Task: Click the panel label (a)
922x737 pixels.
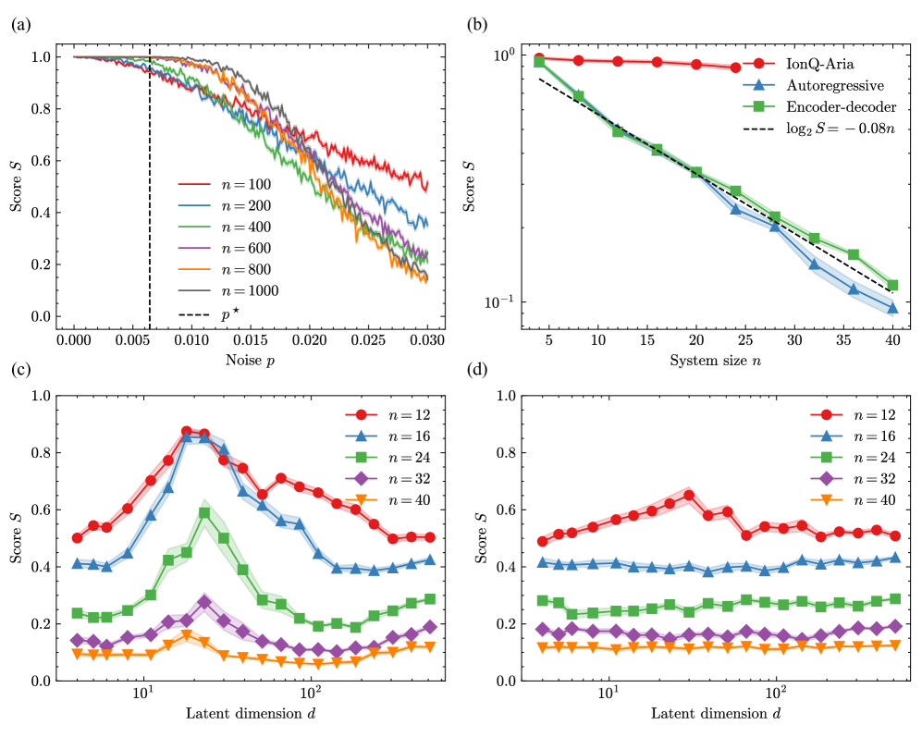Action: click(18, 26)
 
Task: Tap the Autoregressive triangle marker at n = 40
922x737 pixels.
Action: click(892, 308)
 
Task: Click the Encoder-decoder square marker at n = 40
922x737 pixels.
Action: click(892, 285)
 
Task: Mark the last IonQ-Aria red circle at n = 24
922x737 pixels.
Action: click(735, 68)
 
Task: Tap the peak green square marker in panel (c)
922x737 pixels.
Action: click(204, 512)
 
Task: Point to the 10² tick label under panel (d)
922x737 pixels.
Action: click(776, 693)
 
